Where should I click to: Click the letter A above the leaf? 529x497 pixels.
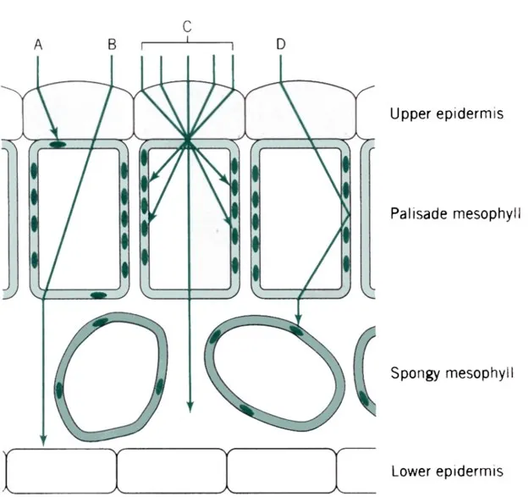[x=38, y=43]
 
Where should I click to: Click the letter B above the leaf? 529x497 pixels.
[x=112, y=43]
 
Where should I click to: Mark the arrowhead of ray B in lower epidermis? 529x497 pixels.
[x=42, y=441]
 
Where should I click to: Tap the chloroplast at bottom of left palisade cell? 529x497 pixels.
[x=98, y=295]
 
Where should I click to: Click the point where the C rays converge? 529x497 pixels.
[x=186, y=139]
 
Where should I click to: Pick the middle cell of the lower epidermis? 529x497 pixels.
[x=171, y=469]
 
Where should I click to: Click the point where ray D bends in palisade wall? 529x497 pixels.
[x=350, y=212]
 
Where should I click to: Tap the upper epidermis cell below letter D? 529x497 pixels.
[x=300, y=108]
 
